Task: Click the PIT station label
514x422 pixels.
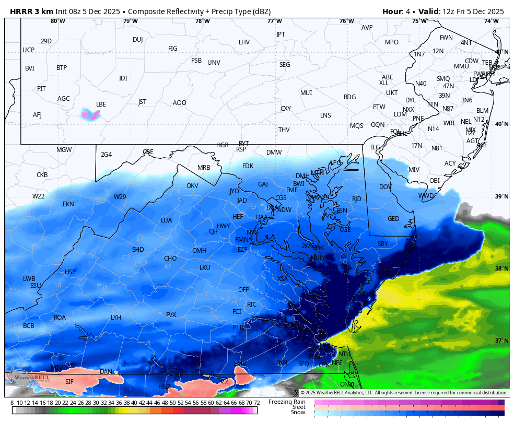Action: [x=41, y=89]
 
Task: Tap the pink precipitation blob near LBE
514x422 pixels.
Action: [x=90, y=114]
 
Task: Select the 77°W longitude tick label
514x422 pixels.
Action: [x=275, y=21]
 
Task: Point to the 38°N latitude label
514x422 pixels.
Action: [x=501, y=268]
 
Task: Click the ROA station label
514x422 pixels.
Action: [x=60, y=318]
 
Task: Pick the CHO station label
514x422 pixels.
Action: [x=170, y=259]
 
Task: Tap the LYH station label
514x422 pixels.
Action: [x=116, y=318]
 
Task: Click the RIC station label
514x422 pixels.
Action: [x=252, y=304]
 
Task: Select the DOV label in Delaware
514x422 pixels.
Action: [x=385, y=187]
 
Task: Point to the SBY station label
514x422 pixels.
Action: [x=383, y=244]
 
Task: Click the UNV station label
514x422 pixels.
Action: [x=214, y=63]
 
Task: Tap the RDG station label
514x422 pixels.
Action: [x=349, y=97]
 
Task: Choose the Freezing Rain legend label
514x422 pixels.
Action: [x=287, y=402]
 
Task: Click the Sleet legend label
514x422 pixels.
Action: [x=298, y=407]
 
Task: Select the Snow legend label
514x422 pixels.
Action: [x=298, y=413]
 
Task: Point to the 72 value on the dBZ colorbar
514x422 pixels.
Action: [x=256, y=403]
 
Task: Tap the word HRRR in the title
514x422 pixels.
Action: [x=20, y=11]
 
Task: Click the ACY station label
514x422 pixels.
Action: [x=450, y=163]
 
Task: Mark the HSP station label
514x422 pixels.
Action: [x=71, y=272]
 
